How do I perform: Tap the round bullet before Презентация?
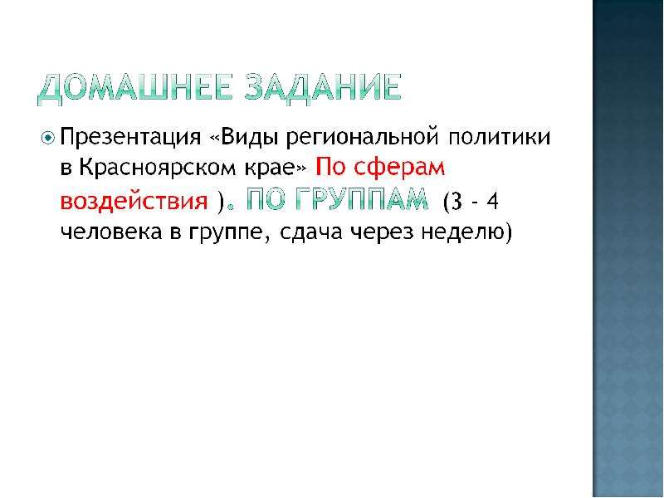pyautogui.click(x=48, y=138)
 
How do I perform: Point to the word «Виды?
pyautogui.click(x=245, y=137)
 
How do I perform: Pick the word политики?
pyautogui.click(x=500, y=137)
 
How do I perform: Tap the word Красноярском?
pyautogui.click(x=157, y=168)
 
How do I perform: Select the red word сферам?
pyautogui.click(x=399, y=168)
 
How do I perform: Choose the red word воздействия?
pyautogui.click(x=134, y=201)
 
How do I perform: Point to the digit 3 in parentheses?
pyautogui.click(x=457, y=201)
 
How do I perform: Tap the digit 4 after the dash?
pyautogui.click(x=492, y=201)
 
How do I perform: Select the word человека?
pyautogui.click(x=111, y=232)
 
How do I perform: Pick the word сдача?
pyautogui.click(x=310, y=232)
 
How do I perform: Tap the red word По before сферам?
pyautogui.click(x=330, y=167)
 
